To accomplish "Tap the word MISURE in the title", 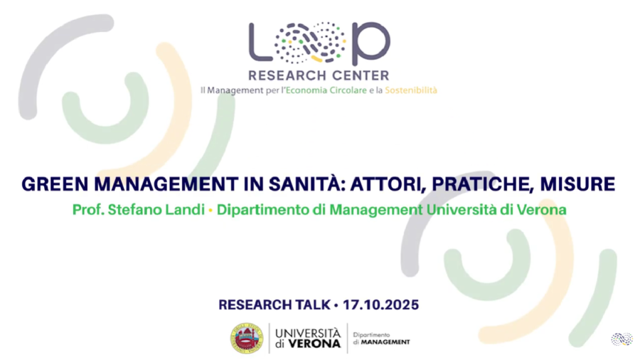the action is coord(577,184).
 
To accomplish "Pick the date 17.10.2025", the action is coord(381,305).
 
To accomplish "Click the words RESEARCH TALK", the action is coord(274,305).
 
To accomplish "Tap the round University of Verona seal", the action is coord(247,339).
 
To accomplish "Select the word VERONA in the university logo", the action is coord(314,344).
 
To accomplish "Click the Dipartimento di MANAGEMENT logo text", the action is coord(381,339).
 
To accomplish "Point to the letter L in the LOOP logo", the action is coord(259,43).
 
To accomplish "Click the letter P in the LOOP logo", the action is coord(370,43).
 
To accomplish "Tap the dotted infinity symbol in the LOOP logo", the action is coord(310,43).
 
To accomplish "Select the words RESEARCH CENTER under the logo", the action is coord(319,75).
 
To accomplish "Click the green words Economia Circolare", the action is coord(326,90).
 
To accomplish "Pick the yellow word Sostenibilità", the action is coord(411,90).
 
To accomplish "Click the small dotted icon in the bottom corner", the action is coord(622,339).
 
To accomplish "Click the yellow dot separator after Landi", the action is coord(210,211).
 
